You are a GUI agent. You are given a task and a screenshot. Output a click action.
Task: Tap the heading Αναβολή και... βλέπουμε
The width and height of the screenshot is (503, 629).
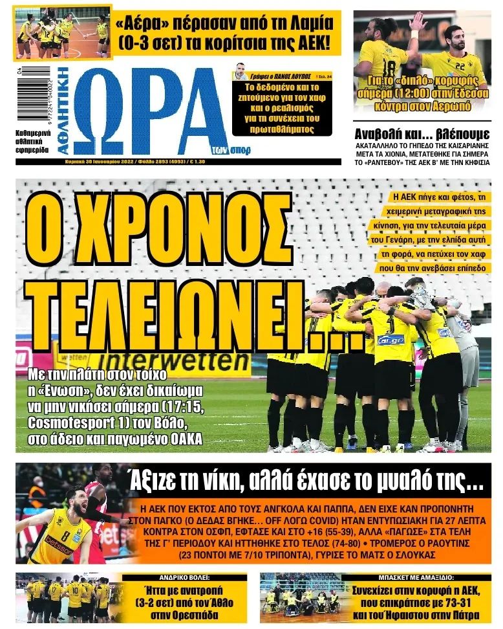(422, 134)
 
